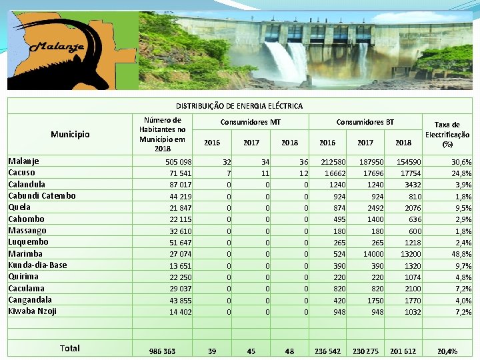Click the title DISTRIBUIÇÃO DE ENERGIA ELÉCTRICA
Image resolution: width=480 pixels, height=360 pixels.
click(x=239, y=106)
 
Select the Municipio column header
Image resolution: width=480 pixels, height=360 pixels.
click(x=70, y=135)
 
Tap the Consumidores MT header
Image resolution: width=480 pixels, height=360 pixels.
click(x=251, y=122)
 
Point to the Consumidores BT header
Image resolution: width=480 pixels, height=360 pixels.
click(x=365, y=122)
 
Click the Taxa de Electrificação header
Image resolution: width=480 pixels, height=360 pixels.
click(x=447, y=134)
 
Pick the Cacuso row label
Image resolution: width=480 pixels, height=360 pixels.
click(x=22, y=173)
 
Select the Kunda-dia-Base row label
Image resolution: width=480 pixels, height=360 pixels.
click(x=37, y=265)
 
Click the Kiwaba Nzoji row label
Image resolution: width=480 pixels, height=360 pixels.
click(x=32, y=311)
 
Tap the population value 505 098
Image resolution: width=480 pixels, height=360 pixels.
click(x=177, y=162)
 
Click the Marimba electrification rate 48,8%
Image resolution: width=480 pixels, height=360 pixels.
click(x=461, y=254)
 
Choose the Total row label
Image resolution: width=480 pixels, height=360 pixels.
click(x=69, y=348)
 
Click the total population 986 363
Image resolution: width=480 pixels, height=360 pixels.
click(x=162, y=351)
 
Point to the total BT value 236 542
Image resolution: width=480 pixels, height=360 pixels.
click(x=327, y=351)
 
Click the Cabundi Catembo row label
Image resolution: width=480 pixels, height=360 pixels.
click(x=42, y=196)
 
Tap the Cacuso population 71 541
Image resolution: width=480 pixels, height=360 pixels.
click(x=179, y=173)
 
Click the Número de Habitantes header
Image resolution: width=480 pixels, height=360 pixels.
click(x=162, y=135)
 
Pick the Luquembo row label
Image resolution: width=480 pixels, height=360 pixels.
click(x=28, y=242)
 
